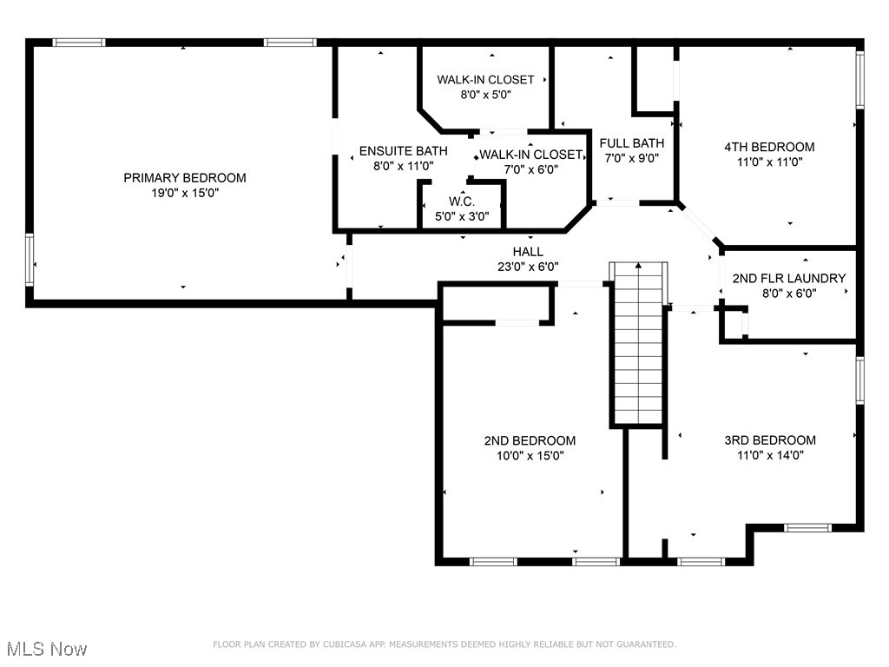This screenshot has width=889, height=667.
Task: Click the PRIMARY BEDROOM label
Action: point(184,178)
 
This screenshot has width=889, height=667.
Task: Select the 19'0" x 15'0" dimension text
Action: point(184,194)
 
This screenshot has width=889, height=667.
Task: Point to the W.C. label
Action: point(460,201)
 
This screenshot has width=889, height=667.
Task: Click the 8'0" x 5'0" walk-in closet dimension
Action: point(484,95)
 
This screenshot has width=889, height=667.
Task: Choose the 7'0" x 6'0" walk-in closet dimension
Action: point(530,169)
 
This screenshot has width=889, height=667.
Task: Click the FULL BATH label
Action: point(632,143)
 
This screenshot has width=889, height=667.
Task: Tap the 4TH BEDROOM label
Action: point(769,147)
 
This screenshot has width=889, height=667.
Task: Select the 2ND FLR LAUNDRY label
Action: point(788,279)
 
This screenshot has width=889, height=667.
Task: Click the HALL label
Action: point(528,252)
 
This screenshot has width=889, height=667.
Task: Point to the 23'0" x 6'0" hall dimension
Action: point(528,267)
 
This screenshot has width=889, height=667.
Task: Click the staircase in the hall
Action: point(639,347)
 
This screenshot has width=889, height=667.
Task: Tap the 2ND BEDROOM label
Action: point(530,440)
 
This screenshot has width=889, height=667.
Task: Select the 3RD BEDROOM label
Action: point(770,439)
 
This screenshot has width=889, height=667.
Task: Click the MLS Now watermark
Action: point(46,649)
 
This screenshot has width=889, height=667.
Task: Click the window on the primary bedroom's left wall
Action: point(30,260)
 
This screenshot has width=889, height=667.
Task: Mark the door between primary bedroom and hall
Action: point(349,266)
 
